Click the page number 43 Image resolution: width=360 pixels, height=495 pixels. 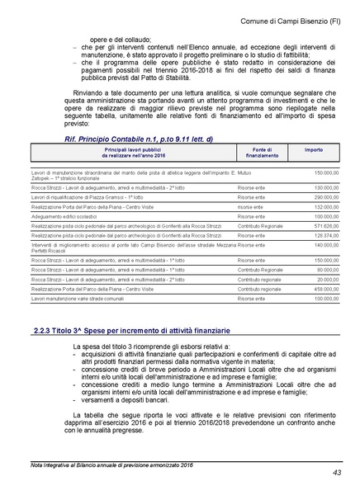coord(336,473)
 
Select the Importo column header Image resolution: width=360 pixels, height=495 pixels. coord(314,151)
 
